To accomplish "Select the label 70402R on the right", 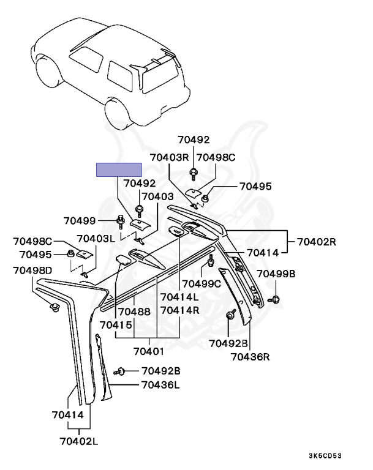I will [317, 241].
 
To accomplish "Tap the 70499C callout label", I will [202, 283].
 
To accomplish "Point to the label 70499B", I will [276, 274].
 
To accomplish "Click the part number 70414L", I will [179, 297].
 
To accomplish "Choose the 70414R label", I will [179, 311].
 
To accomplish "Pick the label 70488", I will [134, 311].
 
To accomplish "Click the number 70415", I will [116, 324].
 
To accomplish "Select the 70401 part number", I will [149, 351].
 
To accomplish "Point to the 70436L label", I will [160, 385].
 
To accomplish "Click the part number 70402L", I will [80, 440].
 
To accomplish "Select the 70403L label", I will [96, 239].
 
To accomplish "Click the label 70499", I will [80, 220].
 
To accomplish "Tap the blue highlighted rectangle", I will [119, 170].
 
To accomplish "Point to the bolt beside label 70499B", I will [275, 299].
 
